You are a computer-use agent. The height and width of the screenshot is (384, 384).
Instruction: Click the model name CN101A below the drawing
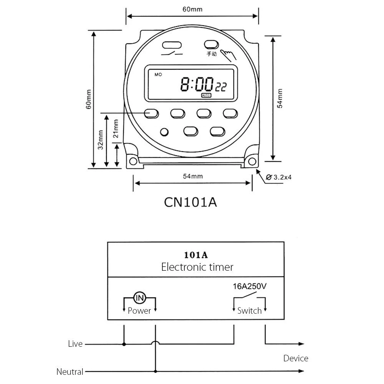pyautogui.click(x=190, y=202)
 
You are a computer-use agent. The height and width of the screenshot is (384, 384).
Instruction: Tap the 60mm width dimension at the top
pyautogui.click(x=192, y=10)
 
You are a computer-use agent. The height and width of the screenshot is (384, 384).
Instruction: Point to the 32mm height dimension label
pyautogui.click(x=100, y=140)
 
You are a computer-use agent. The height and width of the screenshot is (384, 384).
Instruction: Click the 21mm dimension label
pyautogui.click(x=116, y=129)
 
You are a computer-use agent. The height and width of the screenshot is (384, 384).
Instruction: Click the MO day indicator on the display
pyautogui.click(x=158, y=75)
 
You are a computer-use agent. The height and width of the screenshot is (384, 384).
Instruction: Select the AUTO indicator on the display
pyautogui.click(x=206, y=95)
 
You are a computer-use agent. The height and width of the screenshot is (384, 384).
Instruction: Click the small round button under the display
pyautogui.click(x=164, y=132)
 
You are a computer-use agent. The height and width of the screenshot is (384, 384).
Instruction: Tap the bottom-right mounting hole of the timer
pyautogui.click(x=251, y=161)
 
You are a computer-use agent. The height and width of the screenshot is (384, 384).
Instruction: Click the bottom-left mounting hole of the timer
pyautogui.click(x=133, y=161)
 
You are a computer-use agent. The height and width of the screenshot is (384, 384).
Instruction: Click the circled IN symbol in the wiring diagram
pyautogui.click(x=139, y=298)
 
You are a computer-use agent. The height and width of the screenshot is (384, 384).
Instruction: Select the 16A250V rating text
pyautogui.click(x=250, y=286)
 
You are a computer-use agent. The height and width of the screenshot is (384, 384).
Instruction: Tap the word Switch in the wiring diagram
pyautogui.click(x=249, y=311)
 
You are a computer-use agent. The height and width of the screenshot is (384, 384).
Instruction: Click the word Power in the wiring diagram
pyautogui.click(x=139, y=311)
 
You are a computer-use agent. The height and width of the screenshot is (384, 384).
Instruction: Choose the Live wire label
pyautogui.click(x=75, y=344)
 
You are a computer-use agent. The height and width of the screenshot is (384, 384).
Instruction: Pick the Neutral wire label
pyautogui.click(x=70, y=372)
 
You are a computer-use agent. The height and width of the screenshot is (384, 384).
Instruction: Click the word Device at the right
pyautogui.click(x=296, y=358)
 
